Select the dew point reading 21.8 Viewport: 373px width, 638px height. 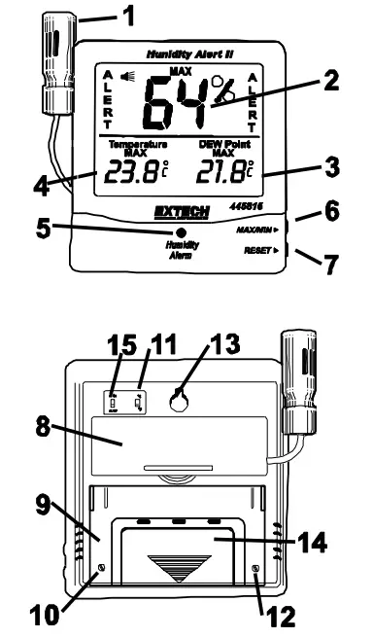pos(220,178)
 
